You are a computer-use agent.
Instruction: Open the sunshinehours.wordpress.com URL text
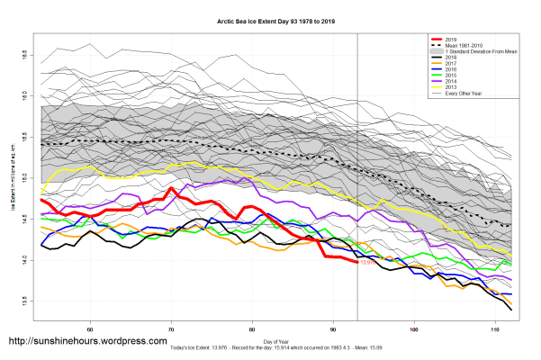[x=87, y=341]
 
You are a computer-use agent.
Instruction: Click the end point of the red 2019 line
[x=357, y=262]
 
